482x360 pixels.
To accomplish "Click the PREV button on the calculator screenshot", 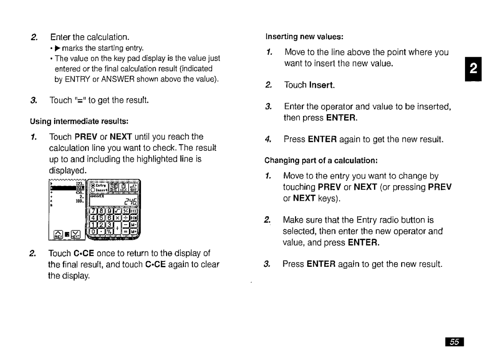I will [58, 234].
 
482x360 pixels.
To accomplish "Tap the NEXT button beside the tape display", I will [75, 234].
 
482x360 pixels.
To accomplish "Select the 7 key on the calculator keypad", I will [94, 211].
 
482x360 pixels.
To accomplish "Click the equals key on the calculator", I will [125, 232].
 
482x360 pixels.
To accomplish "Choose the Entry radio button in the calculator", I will [94, 186].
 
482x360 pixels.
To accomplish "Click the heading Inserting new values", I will [303, 36].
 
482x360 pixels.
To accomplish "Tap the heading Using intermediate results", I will [79, 121].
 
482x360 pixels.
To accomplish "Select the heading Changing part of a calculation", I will [321, 160].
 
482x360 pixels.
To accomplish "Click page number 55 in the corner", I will [454, 342].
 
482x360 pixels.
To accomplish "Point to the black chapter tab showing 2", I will [474, 69].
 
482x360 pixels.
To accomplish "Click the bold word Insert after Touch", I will [322, 85].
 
